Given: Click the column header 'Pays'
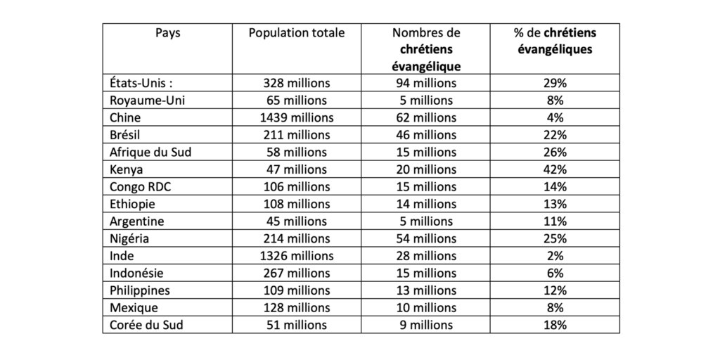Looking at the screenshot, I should (x=167, y=34).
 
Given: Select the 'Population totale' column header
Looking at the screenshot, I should (x=297, y=34).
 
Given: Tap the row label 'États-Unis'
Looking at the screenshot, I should (x=141, y=83).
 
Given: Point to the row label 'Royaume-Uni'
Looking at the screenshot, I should (x=147, y=100).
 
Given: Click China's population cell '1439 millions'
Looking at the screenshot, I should (x=297, y=117).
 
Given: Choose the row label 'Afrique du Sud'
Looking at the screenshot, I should (x=150, y=152).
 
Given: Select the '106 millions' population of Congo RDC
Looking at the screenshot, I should (x=297, y=186).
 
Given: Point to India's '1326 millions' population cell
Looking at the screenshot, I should (x=297, y=256).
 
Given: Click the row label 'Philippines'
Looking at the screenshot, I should (x=140, y=290).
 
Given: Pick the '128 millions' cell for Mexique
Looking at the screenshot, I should (x=297, y=308).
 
